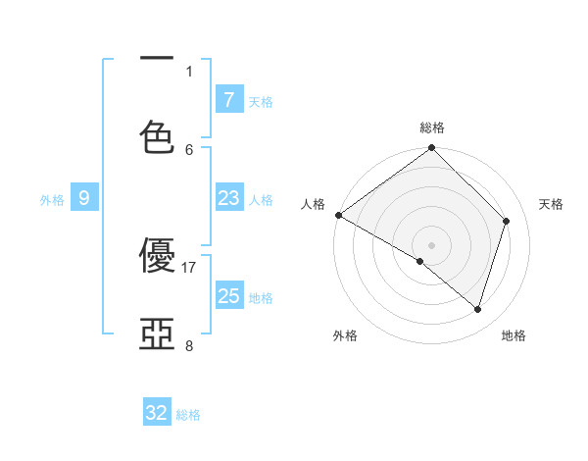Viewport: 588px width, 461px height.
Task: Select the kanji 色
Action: coord(157,137)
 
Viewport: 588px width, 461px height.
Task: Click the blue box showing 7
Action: coord(228,99)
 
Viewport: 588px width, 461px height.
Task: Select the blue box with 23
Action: coord(228,198)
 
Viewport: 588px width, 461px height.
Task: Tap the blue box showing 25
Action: coord(228,296)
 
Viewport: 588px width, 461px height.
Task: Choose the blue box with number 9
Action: coord(84,198)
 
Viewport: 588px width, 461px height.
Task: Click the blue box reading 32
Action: coord(157,413)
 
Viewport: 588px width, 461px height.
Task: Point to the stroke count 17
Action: coord(189,267)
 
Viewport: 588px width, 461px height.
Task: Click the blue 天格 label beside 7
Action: coord(261,101)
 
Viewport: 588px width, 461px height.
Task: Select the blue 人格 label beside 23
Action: coord(261,200)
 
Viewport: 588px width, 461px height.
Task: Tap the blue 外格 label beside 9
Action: coord(52,200)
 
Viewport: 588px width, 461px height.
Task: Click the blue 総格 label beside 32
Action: coord(188,415)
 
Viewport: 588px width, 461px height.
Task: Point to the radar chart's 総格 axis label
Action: coord(432,128)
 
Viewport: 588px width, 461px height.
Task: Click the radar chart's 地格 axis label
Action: coord(514,335)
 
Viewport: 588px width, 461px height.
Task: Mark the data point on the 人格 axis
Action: coord(338,215)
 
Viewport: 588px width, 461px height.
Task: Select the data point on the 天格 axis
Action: coord(507,221)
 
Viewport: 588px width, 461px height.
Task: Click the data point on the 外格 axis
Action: coord(420,261)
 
